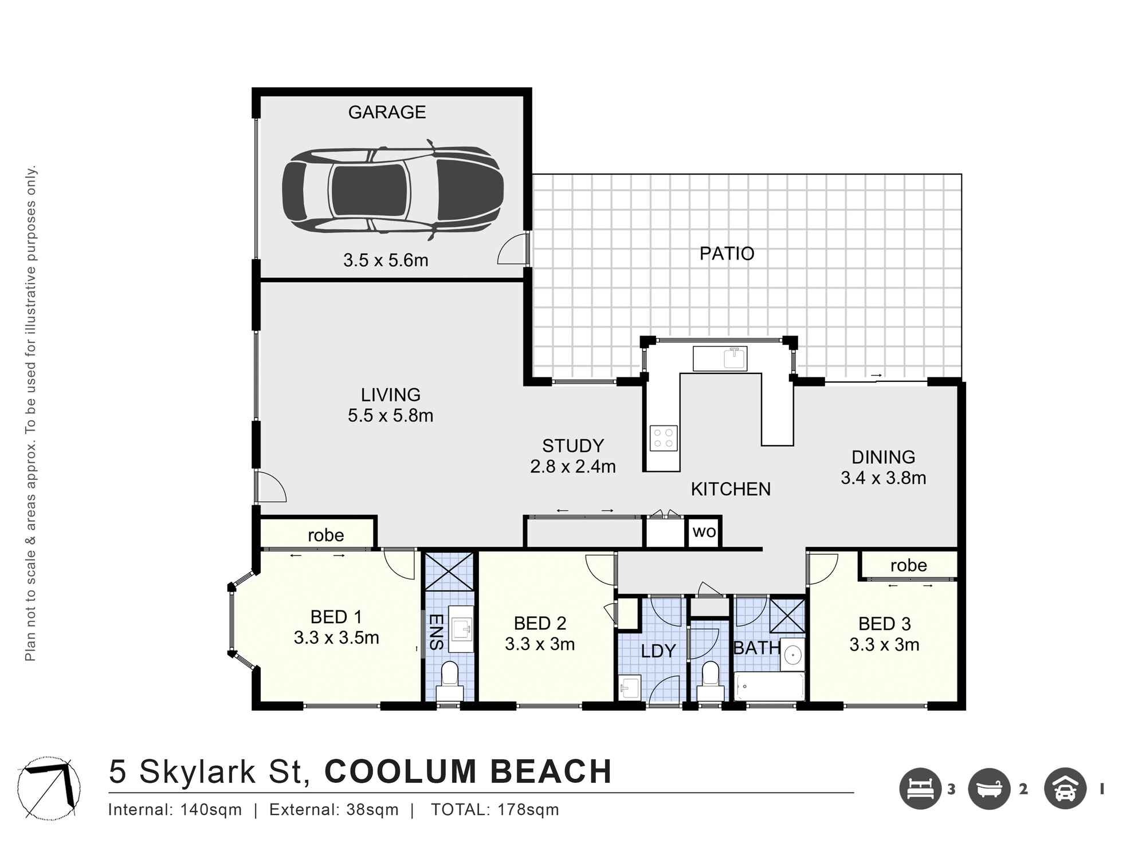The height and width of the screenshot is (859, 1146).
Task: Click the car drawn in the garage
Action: [x=393, y=190]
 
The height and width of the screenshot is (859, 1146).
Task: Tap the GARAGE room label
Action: [x=387, y=112]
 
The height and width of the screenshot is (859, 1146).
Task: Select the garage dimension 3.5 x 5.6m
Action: [x=386, y=261]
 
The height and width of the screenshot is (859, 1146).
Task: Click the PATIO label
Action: [x=727, y=253]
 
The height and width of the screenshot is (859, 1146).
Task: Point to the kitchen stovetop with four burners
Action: [x=664, y=438]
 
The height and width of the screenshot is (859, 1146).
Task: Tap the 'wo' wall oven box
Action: [x=704, y=532]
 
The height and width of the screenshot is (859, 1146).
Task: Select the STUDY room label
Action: [x=573, y=446]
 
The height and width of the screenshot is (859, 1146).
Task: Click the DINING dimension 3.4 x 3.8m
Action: [x=883, y=478]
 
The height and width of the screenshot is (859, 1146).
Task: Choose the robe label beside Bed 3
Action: [x=908, y=565]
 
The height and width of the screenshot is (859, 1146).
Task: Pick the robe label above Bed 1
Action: [x=325, y=535]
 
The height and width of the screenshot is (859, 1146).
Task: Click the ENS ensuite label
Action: [x=436, y=632]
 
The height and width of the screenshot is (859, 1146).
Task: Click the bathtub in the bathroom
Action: [x=770, y=686]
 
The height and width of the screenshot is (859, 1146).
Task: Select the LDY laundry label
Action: [x=658, y=651]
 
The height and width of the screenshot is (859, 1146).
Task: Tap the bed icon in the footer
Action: [x=921, y=789]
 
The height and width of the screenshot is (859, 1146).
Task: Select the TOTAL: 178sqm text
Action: [x=494, y=810]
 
